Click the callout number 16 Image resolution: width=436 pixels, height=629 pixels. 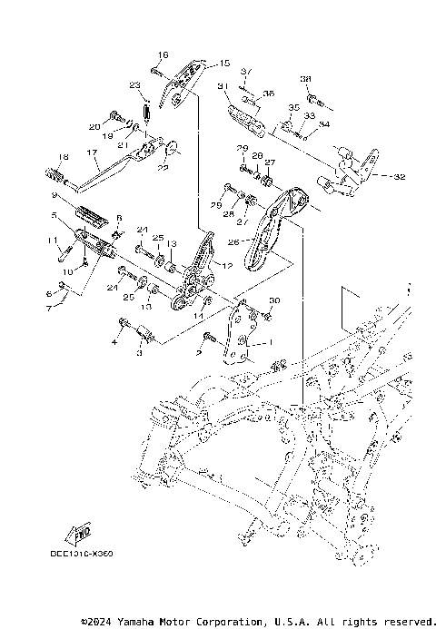click(164, 54)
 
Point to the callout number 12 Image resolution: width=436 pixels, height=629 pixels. click(227, 265)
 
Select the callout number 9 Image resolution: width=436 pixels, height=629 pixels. click(54, 195)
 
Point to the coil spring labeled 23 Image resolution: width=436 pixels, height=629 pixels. click(143, 113)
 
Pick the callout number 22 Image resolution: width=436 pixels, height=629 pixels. click(164, 167)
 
